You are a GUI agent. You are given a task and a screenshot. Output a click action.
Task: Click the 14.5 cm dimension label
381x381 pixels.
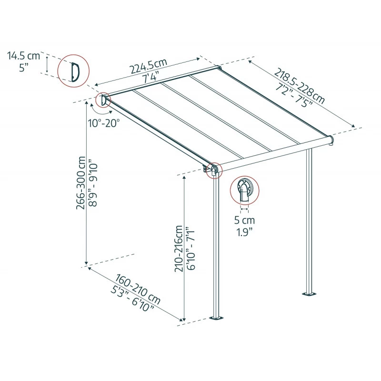click(x=23, y=56)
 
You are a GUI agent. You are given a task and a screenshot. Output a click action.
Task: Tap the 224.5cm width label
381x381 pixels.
click(x=149, y=66)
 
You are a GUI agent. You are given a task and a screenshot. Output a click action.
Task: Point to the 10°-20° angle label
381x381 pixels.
click(x=104, y=123)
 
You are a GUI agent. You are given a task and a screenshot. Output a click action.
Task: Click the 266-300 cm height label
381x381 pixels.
click(x=80, y=183)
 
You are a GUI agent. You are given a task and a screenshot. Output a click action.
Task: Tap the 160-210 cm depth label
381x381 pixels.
click(x=138, y=289)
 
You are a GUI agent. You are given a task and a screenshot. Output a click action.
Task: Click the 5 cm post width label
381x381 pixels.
click(x=244, y=220)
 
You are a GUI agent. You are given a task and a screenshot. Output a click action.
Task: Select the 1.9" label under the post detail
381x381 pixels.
click(x=244, y=232)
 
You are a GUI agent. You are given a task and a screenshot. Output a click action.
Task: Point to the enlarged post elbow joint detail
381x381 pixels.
click(x=244, y=190)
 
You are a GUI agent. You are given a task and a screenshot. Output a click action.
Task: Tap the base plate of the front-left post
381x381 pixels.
click(x=217, y=318)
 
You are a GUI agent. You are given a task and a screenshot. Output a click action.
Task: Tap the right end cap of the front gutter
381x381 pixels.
click(x=331, y=140)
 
